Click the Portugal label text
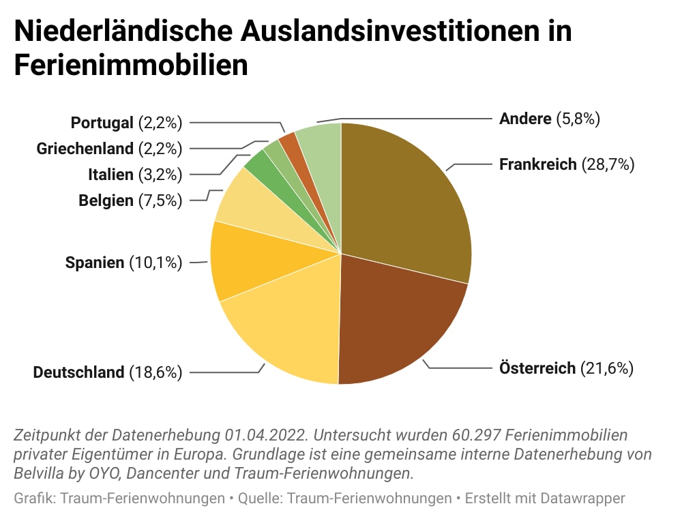pos(102,123)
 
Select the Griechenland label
pos(85,149)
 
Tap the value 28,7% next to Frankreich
pos(608,164)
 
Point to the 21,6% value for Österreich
pos(607,369)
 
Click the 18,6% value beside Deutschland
pos(154,372)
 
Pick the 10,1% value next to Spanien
pos(155,263)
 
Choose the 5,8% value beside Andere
pos(578,119)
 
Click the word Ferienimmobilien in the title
pos(130,66)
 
